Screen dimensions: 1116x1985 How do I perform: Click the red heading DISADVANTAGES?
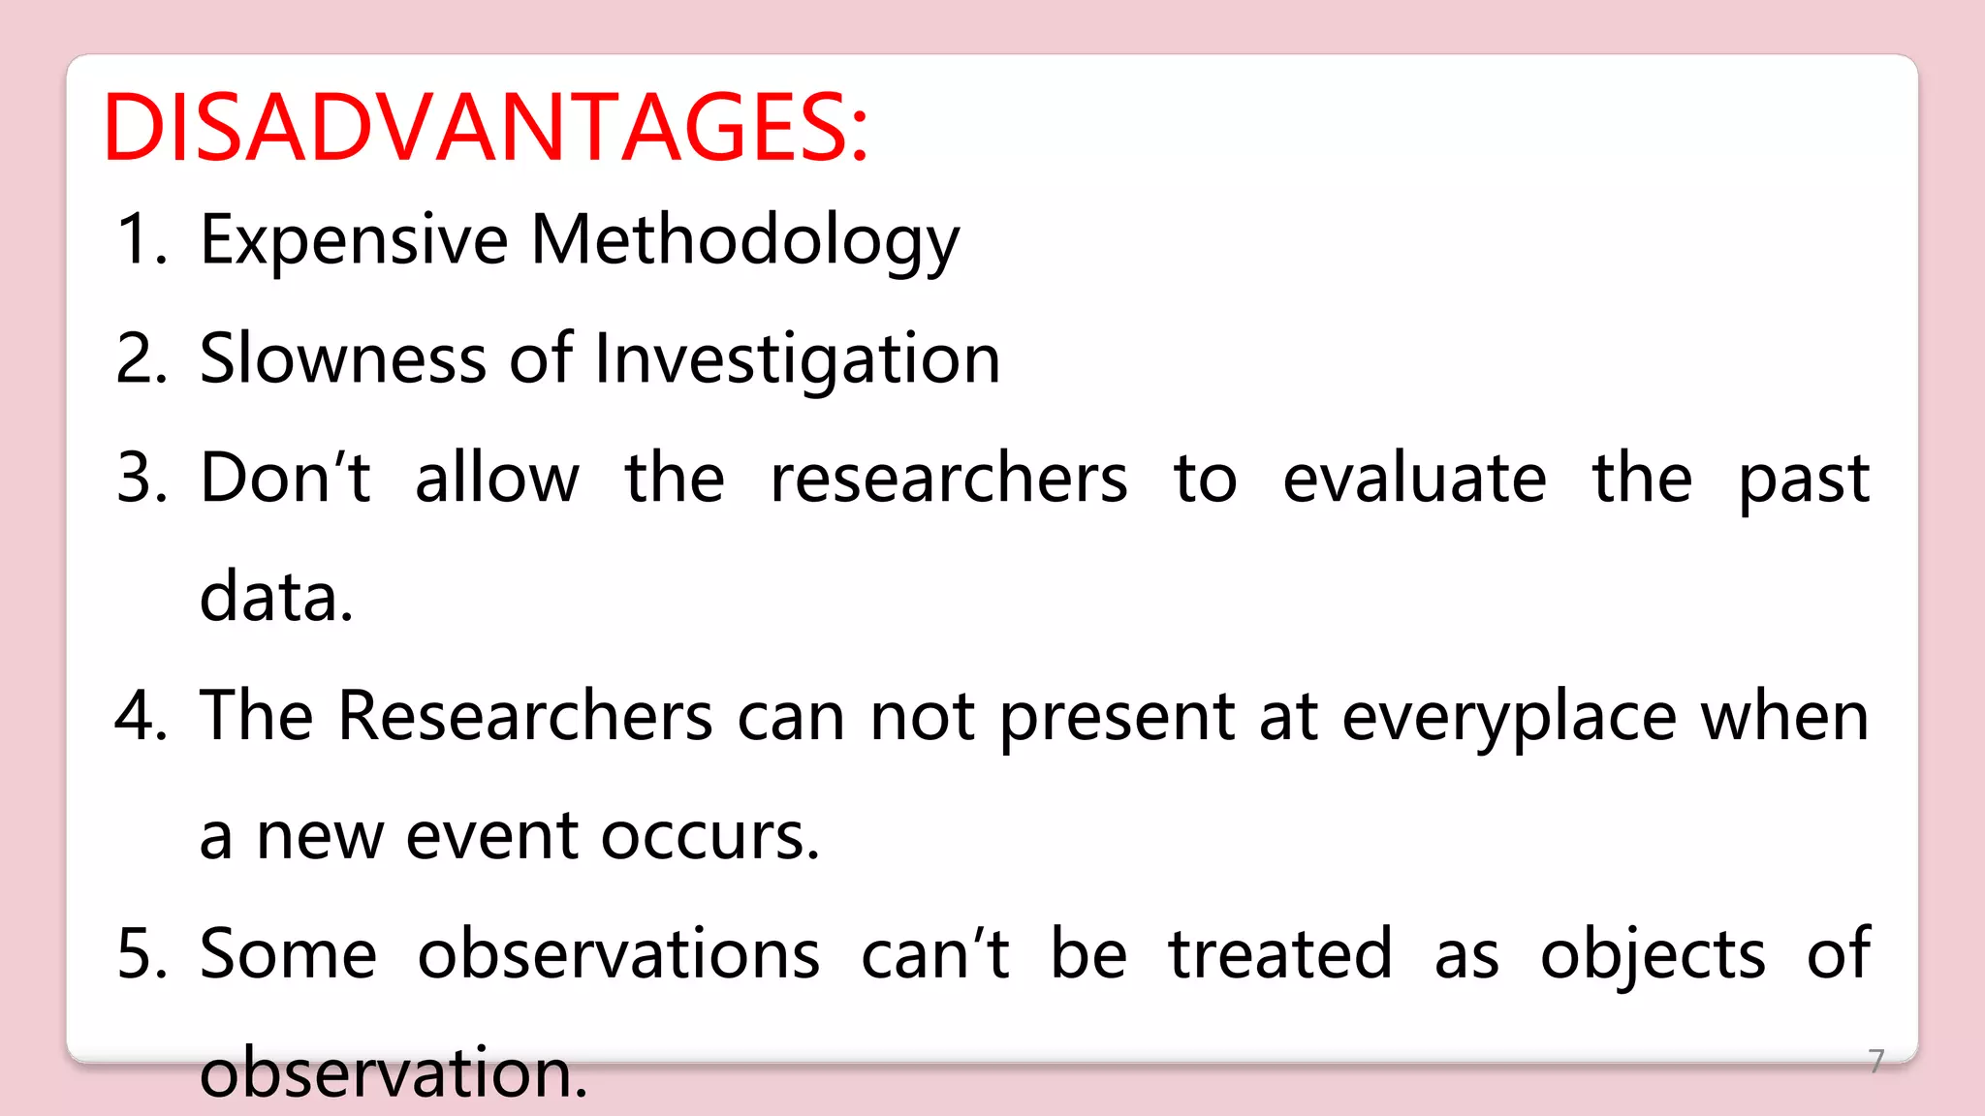[x=485, y=128]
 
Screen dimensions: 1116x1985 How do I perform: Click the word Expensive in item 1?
[x=354, y=240]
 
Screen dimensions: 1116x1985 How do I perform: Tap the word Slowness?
[x=342, y=358]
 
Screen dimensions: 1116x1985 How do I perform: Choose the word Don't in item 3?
[x=285, y=478]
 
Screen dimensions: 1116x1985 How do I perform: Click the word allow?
[x=496, y=478]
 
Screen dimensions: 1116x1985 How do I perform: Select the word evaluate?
[x=1414, y=478]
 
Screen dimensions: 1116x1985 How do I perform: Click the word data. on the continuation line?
[x=276, y=597]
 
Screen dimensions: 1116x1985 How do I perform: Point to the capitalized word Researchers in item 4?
[x=525, y=717]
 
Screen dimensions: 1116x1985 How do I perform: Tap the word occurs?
[x=709, y=836]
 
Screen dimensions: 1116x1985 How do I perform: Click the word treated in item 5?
[x=1279, y=954]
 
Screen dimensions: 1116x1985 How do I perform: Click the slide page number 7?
[x=1876, y=1061]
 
